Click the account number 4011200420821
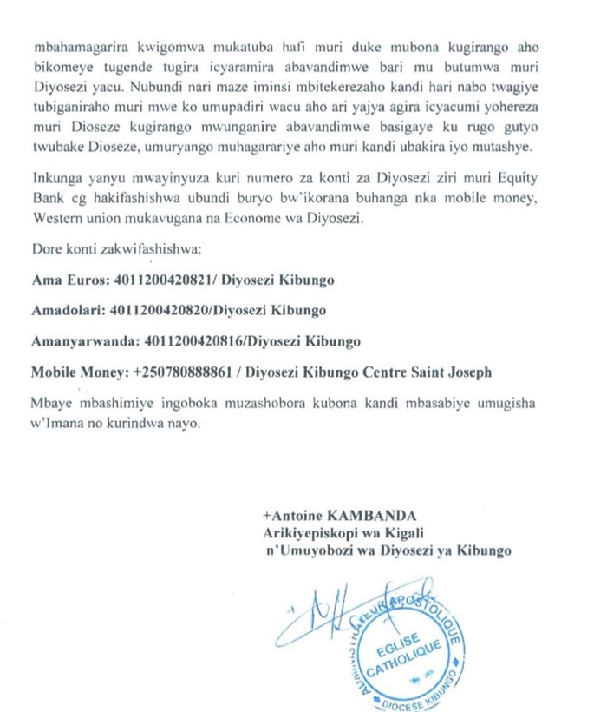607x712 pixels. (153, 281)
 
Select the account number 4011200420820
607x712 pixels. (159, 310)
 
